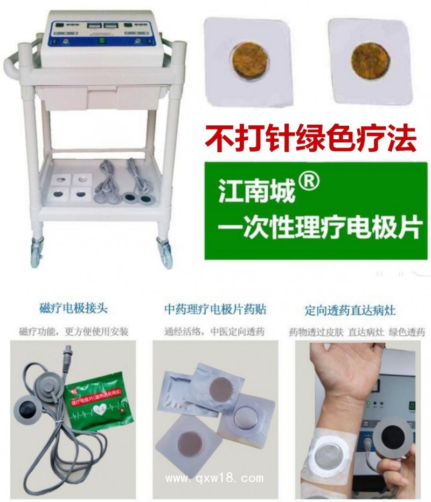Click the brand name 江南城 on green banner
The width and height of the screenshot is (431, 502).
pyautogui.click(x=256, y=192)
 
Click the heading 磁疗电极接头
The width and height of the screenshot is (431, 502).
pyautogui.click(x=73, y=309)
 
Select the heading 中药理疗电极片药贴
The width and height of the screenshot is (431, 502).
pyautogui.click(x=215, y=309)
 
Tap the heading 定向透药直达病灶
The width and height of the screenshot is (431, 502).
pyautogui.click(x=350, y=310)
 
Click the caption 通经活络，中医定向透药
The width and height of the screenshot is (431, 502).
pyautogui.click(x=214, y=331)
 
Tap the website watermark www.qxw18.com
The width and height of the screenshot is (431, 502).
pyautogui.click(x=214, y=478)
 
